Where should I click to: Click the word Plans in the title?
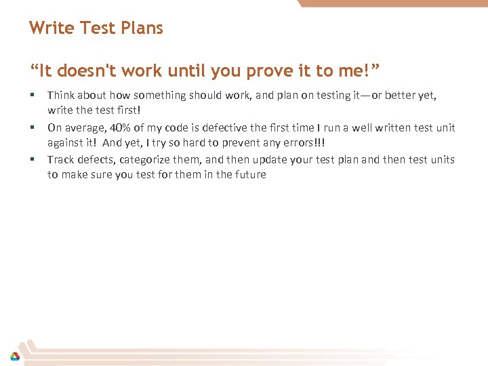(142, 28)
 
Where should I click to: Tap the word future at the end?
(248, 174)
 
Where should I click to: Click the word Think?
(61, 96)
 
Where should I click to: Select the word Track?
(61, 159)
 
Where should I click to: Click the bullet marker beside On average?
(31, 127)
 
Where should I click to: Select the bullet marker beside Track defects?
(31, 159)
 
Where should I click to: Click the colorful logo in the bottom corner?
(14, 355)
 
